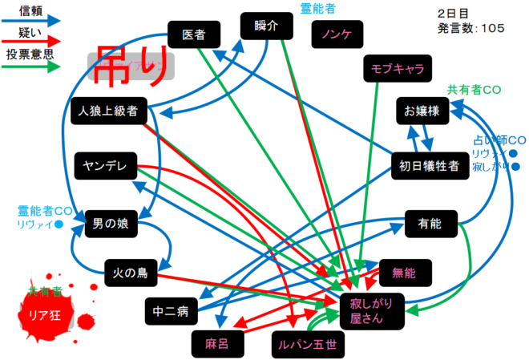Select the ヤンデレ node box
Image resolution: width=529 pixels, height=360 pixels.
point(105,164)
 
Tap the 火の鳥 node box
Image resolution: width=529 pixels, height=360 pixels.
point(127,273)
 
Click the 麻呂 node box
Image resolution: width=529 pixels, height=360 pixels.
point(216,342)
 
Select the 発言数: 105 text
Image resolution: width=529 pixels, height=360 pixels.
point(470,27)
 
